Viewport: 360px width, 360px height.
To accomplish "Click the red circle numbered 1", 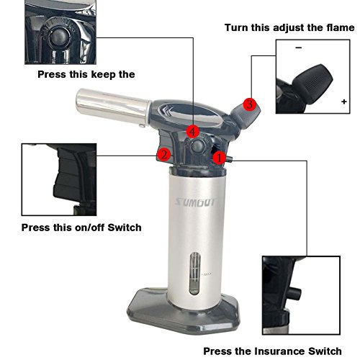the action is (219, 158).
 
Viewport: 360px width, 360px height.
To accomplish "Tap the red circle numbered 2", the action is (164, 155).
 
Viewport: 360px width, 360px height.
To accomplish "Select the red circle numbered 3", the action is (250, 104).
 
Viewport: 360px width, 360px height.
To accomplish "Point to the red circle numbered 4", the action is (193, 132).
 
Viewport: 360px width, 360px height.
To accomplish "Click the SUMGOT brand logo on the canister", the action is (196, 202).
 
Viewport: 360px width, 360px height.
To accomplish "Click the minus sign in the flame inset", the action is (299, 48).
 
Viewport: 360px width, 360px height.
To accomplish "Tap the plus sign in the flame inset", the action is (344, 102).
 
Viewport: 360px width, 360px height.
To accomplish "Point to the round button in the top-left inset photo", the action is (58, 37).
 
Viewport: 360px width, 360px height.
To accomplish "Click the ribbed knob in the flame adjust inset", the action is (313, 83).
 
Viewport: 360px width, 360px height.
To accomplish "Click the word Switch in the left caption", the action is (125, 228).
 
